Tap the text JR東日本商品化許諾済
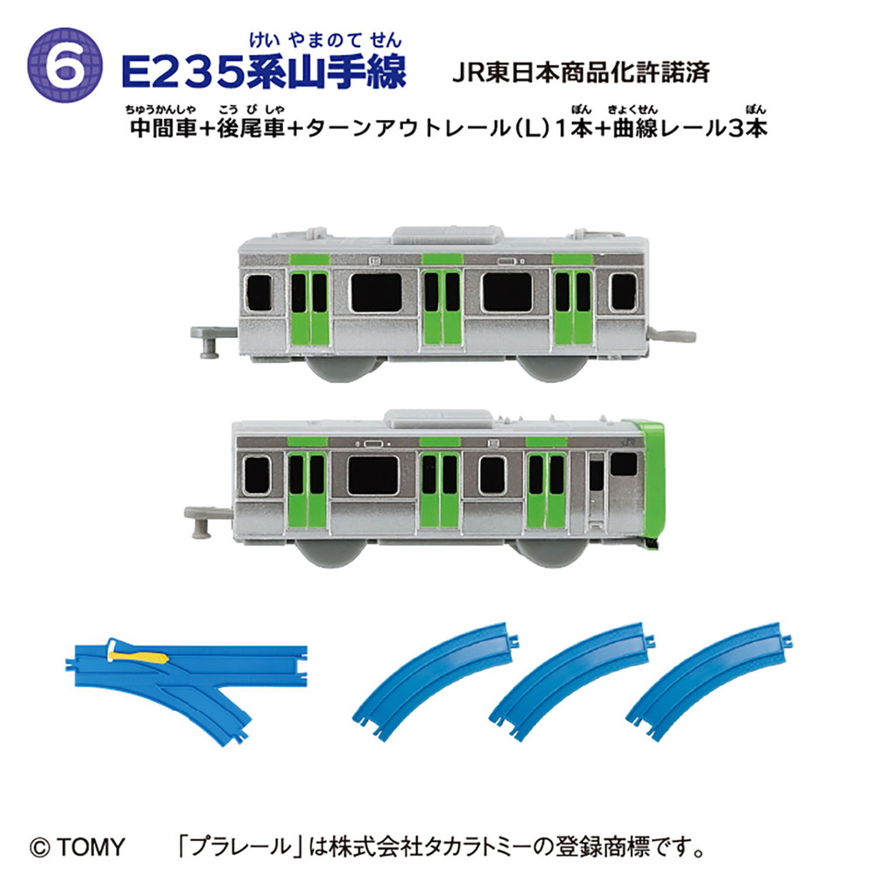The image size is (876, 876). coord(581,73)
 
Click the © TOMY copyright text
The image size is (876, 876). coord(77,847)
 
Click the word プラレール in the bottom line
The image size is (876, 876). coord(241,847)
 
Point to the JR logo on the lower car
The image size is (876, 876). coord(628,442)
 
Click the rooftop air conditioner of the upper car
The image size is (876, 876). coord(448,236)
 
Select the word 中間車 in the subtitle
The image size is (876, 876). coord(163,129)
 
